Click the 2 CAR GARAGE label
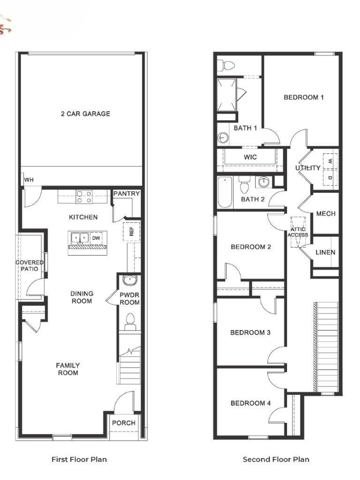85,114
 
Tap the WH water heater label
29,180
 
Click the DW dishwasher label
96,238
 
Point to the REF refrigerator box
131,231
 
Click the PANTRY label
126,193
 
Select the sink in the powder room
130,280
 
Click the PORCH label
124,423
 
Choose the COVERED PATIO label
30,265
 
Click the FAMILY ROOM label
68,369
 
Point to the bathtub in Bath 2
225,192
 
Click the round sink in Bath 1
222,138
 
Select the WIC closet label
250,157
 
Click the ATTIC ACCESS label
298,232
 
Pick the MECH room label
326,214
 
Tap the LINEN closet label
325,252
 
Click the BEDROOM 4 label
251,403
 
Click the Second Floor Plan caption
276,459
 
